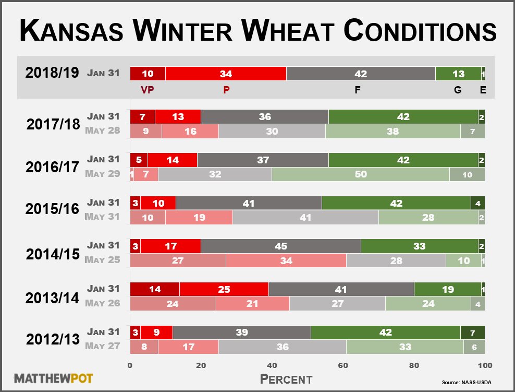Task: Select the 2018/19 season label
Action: (x=52, y=73)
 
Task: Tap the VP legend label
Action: (x=148, y=90)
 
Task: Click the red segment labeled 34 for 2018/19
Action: (x=226, y=74)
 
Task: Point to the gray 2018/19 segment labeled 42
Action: (x=361, y=74)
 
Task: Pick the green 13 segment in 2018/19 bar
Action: (x=458, y=74)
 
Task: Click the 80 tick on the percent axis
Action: (x=414, y=365)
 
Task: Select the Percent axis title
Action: (x=286, y=378)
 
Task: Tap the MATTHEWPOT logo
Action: (x=54, y=378)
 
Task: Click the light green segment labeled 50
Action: (x=360, y=174)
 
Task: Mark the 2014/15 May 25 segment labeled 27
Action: (x=178, y=260)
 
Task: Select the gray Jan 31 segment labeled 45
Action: (x=280, y=246)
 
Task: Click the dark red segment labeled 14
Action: (x=155, y=289)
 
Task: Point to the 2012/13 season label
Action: (x=52, y=339)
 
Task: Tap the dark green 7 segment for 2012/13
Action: (x=472, y=332)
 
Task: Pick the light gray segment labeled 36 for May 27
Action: (x=283, y=346)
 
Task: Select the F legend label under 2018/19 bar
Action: (x=358, y=90)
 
